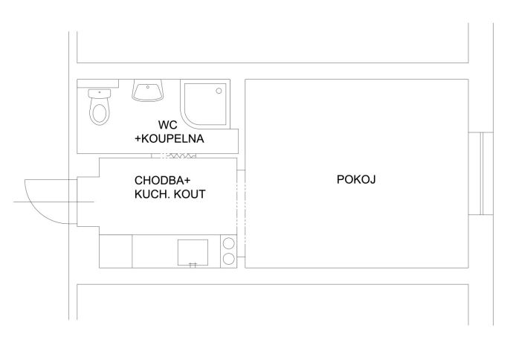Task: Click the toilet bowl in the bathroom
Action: (x=99, y=112)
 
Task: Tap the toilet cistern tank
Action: (x=99, y=94)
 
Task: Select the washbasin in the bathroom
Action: (x=147, y=91)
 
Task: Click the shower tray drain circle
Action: (x=219, y=91)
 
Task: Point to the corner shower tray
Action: (x=205, y=104)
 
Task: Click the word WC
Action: (x=168, y=125)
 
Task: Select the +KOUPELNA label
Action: (x=170, y=138)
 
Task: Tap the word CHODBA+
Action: (x=162, y=180)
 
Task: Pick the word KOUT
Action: (x=190, y=194)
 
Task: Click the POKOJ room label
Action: (x=356, y=179)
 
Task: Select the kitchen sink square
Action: (x=193, y=252)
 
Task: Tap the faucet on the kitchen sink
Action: (x=193, y=265)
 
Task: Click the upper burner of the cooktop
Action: (x=229, y=243)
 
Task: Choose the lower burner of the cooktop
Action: (x=229, y=259)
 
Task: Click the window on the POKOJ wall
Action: (x=481, y=173)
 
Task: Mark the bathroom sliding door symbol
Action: (x=174, y=155)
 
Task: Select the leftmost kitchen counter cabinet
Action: (x=116, y=251)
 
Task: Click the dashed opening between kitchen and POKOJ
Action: (x=241, y=213)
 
